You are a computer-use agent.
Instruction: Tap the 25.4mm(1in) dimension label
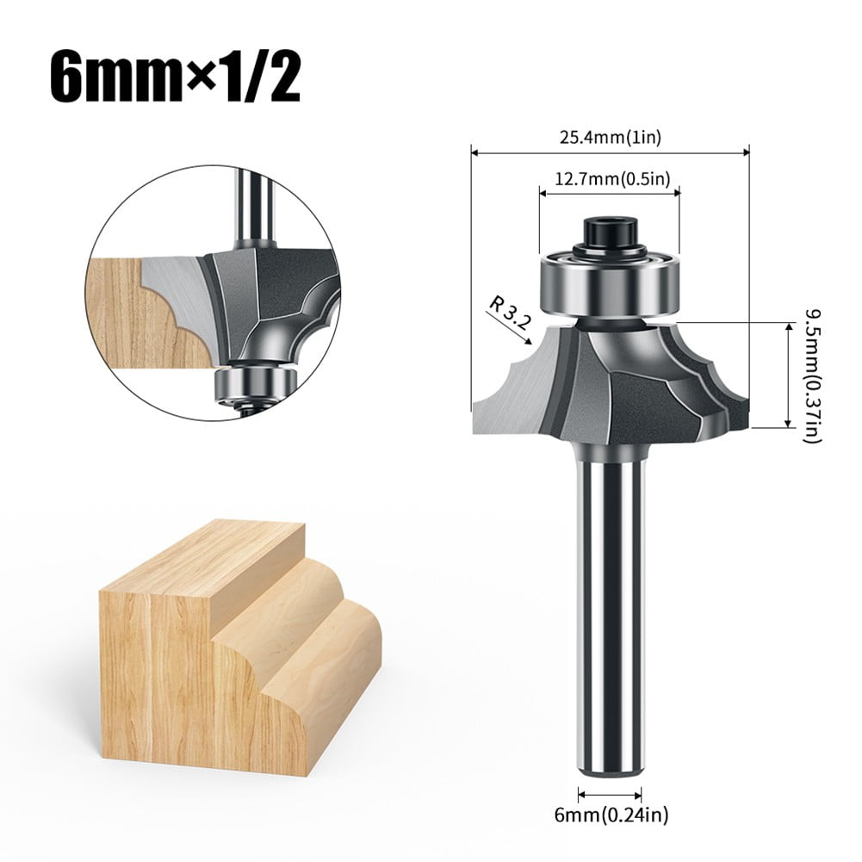click(610, 135)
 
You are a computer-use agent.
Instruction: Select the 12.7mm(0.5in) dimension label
click(610, 178)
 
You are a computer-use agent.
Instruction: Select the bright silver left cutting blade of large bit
click(517, 388)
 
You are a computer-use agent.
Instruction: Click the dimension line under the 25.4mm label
click(610, 153)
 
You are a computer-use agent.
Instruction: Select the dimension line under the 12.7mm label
click(610, 194)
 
